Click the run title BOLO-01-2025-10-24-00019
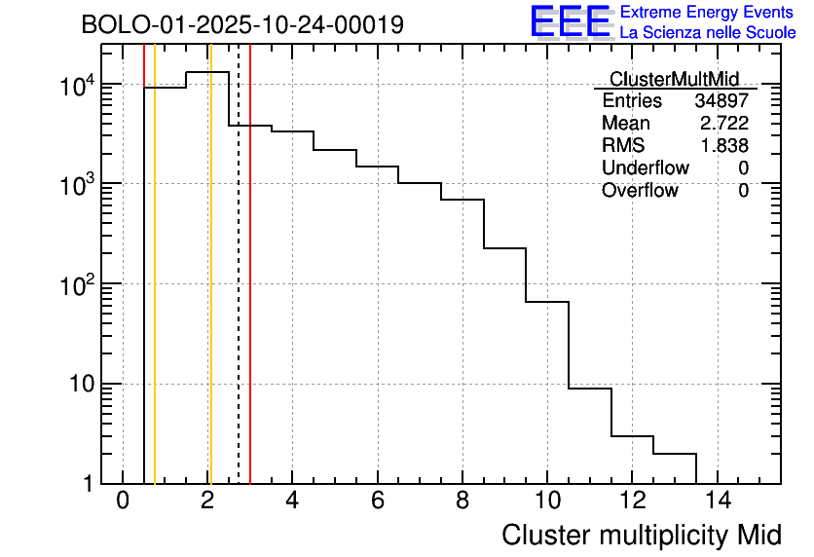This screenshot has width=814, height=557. click(x=242, y=24)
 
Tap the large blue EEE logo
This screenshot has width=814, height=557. click(x=571, y=21)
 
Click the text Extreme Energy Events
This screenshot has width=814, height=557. click(x=708, y=13)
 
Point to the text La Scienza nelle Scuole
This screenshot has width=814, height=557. click(x=708, y=33)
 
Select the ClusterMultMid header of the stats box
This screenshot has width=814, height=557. click(x=674, y=79)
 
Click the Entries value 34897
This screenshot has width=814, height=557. click(x=721, y=101)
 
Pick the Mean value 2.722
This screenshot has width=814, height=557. click(x=723, y=124)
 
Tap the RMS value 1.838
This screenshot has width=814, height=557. click(x=723, y=146)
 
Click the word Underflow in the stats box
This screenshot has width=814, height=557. click(x=645, y=168)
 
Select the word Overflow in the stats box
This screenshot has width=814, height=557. click(x=640, y=191)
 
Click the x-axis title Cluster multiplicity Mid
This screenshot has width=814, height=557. click(x=641, y=535)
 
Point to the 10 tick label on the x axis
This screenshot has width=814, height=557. click(x=547, y=501)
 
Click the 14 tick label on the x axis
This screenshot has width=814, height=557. click(x=717, y=501)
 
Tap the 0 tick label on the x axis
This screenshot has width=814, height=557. click(x=123, y=501)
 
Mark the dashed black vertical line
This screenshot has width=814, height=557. click(x=239, y=292)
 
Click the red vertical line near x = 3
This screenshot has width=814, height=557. click(x=250, y=292)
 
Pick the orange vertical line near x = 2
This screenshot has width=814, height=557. click(x=209, y=292)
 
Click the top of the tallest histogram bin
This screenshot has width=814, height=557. click(x=207, y=72)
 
